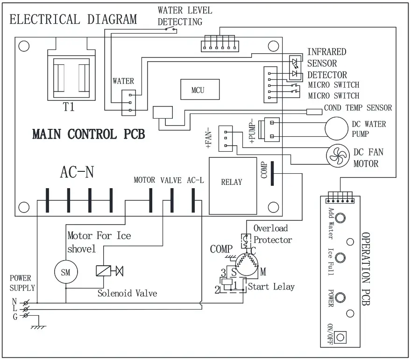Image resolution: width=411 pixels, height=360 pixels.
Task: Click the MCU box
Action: coord(198,90)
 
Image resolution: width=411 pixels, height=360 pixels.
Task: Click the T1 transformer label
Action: coord(69,107)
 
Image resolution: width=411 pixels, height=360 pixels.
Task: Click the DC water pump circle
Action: coord(340,128)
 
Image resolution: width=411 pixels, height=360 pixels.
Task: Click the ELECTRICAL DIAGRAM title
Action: coord(73,20)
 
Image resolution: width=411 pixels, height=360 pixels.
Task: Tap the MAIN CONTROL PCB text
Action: coord(88,134)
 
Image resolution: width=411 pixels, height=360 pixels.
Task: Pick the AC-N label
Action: coord(77,172)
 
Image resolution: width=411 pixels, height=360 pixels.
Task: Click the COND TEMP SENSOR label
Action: coord(358,108)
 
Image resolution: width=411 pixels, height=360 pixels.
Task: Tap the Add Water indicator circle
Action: coord(341,218)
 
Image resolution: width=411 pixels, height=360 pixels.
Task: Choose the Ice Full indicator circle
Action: coord(341,258)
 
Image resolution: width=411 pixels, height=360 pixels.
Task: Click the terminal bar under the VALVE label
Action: coord(172,201)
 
